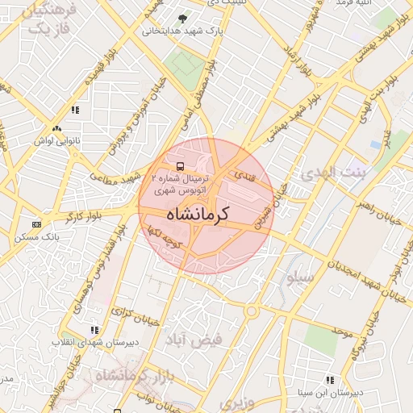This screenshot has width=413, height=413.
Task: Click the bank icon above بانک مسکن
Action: [x=36, y=224]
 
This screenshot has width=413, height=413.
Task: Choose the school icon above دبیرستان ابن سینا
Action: [x=330, y=380]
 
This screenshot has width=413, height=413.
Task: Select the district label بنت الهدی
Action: [x=333, y=173]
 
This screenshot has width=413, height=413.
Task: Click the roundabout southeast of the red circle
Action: [x=252, y=311]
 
